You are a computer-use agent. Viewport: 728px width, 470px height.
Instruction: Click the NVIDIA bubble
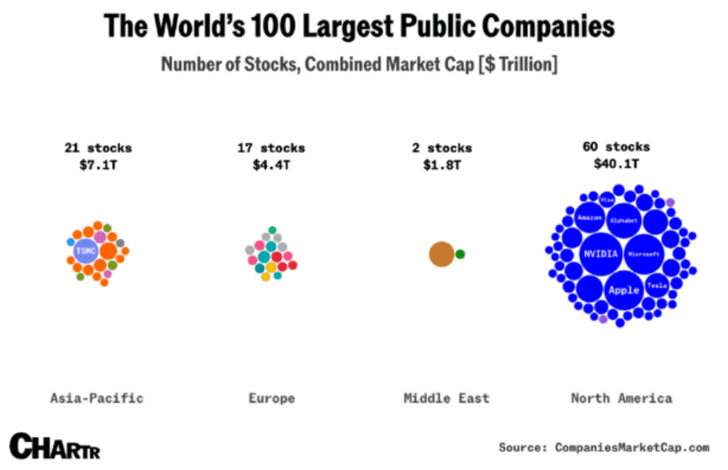(600, 254)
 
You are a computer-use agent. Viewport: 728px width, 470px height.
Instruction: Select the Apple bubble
(623, 290)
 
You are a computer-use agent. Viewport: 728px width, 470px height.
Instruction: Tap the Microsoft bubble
(643, 254)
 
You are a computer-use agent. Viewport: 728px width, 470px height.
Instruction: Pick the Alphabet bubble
(623, 220)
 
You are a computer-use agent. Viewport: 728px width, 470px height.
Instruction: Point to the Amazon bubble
(589, 217)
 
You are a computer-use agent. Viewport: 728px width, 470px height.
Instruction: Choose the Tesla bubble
(657, 285)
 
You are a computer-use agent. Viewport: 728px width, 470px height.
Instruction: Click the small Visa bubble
(607, 199)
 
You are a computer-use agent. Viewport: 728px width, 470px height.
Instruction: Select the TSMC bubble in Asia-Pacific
(85, 251)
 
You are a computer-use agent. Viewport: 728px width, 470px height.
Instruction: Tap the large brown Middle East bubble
(441, 254)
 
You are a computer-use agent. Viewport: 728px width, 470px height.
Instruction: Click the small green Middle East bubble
(460, 254)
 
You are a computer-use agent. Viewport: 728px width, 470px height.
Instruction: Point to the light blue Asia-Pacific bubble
(70, 242)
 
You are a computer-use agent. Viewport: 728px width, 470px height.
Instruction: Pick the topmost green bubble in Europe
(272, 230)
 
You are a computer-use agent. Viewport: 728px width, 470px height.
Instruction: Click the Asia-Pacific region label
(96, 398)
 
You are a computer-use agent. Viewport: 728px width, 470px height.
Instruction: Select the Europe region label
(271, 398)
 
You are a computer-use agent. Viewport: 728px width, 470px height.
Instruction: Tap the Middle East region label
(446, 398)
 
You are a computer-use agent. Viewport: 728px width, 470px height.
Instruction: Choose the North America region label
(621, 398)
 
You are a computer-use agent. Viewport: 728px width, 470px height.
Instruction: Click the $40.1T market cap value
(616, 164)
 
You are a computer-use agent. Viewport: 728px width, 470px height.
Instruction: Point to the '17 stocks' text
(271, 148)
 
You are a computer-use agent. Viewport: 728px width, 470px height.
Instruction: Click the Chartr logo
(54, 446)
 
